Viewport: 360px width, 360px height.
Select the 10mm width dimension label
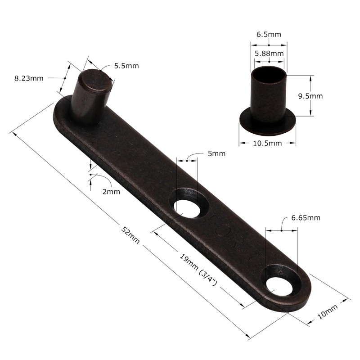(327, 312)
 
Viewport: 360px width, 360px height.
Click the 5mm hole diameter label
(216, 153)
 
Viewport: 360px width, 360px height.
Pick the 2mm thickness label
(111, 191)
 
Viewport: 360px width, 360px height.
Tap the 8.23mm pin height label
(29, 78)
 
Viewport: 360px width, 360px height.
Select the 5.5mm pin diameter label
(126, 66)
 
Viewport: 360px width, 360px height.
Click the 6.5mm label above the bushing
(268, 34)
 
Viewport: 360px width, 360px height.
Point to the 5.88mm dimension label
(269, 53)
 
